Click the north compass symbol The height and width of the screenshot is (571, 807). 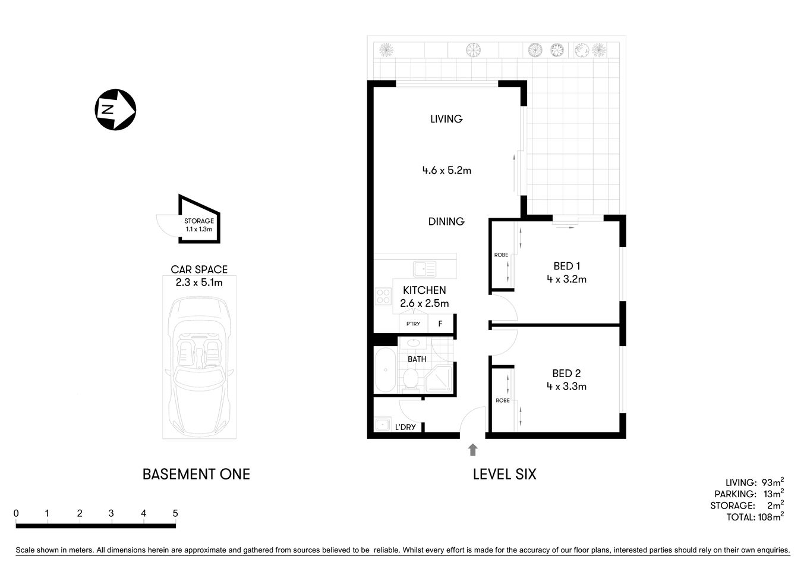point(115,109)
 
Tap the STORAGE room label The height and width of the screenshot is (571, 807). point(199,221)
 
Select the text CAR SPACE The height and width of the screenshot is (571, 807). point(199,269)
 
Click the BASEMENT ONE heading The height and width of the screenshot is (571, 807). point(196,474)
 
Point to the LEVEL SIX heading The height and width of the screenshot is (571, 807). point(505,474)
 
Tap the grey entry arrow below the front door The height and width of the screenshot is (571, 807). point(473,450)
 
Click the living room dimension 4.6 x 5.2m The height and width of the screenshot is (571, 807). point(446,170)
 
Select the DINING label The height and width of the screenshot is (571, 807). point(446,221)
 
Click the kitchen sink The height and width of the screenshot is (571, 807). point(425,269)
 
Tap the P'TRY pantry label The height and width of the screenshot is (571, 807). point(413,324)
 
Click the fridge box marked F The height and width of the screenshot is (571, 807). point(440,324)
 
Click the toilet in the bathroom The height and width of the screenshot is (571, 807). point(409,379)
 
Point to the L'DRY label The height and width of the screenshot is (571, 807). point(405,427)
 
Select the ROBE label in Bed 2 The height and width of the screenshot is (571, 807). point(502,400)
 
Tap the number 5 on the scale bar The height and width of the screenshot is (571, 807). point(175,513)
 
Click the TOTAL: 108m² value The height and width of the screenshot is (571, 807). point(755,517)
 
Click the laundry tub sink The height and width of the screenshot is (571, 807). point(382,425)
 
